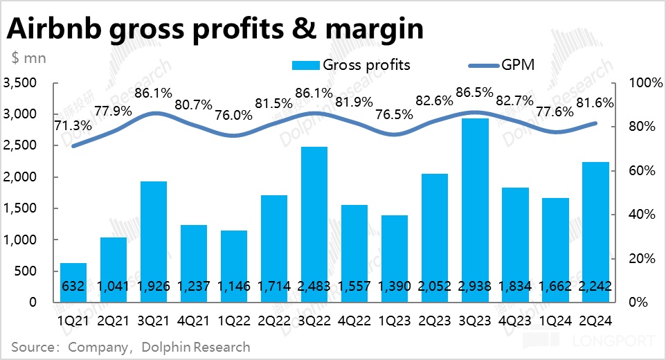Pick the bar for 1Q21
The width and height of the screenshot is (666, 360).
[73, 282]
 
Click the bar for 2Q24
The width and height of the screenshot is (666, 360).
[595, 232]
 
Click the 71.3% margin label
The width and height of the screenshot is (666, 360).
[71, 125]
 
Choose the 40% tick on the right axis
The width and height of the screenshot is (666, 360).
[642, 215]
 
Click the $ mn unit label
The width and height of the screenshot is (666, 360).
[29, 58]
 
